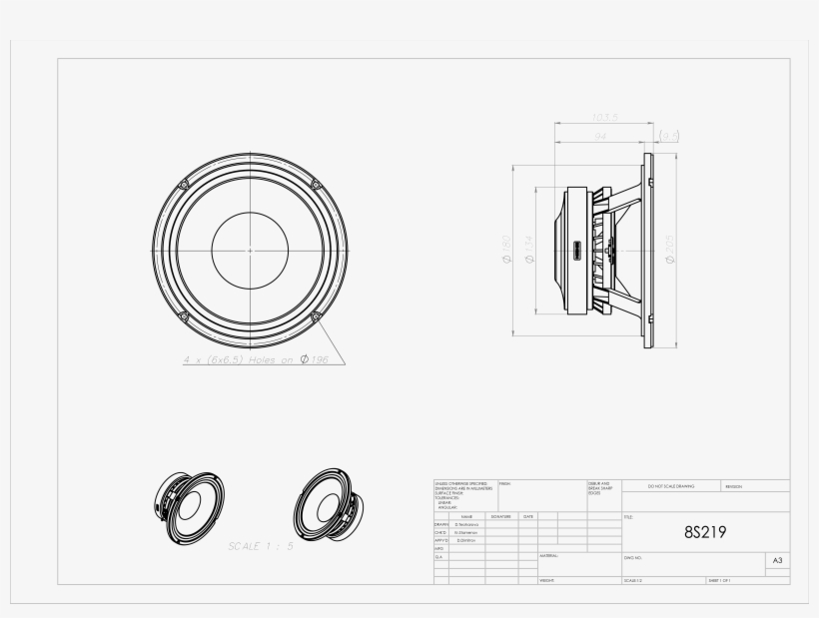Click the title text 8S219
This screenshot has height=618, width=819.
[705, 531]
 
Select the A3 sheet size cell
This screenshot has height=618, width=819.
[777, 561]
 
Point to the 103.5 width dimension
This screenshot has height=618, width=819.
[605, 117]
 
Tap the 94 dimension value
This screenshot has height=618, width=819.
[600, 134]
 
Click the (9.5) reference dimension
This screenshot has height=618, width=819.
[670, 134]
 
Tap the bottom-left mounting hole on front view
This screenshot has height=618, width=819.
[185, 315]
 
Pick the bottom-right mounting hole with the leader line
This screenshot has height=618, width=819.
[316, 315]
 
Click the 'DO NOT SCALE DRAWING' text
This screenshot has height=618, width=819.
[668, 486]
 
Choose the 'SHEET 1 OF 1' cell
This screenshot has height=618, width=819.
[720, 579]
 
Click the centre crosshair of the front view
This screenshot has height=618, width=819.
[251, 249]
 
